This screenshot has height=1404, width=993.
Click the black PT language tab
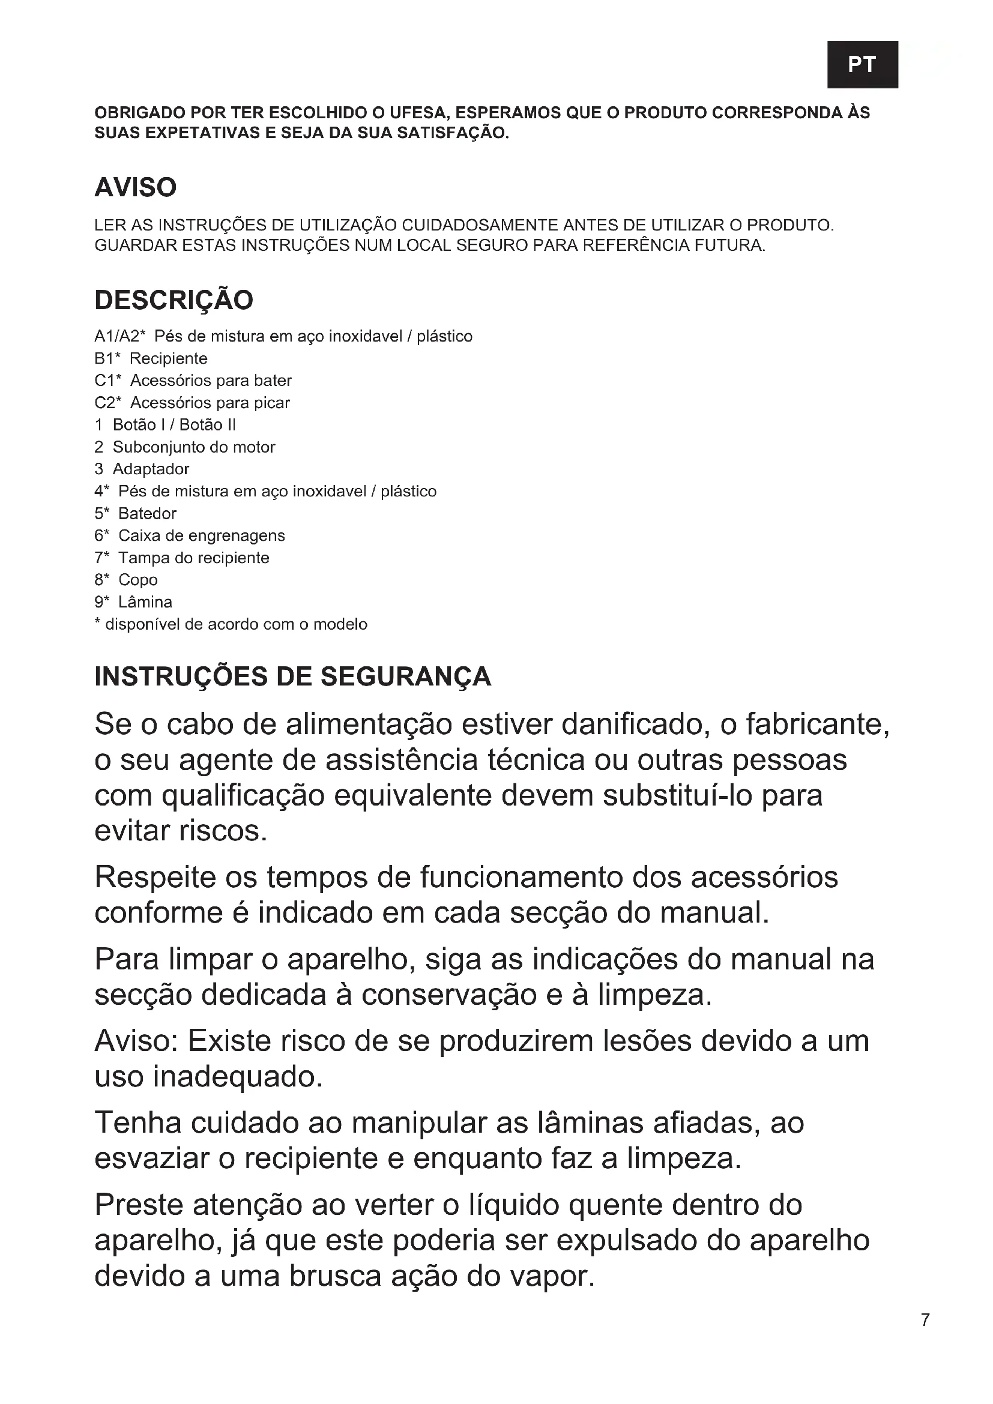pyautogui.click(x=862, y=64)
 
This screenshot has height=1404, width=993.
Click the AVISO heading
pyautogui.click(x=135, y=187)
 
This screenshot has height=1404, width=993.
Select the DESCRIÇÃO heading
pyautogui.click(x=174, y=300)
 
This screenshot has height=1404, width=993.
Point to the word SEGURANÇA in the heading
pyautogui.click(x=405, y=676)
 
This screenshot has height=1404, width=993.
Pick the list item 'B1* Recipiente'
pyautogui.click(x=151, y=358)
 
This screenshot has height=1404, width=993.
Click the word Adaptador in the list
pyautogui.click(x=151, y=469)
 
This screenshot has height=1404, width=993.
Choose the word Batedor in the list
pyautogui.click(x=147, y=514)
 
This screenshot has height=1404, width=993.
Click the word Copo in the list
pyautogui.click(x=137, y=580)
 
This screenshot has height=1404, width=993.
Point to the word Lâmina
pyautogui.click(x=145, y=602)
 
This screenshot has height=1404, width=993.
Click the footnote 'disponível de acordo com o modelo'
pyautogui.click(x=236, y=624)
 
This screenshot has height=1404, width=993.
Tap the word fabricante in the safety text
pyautogui.click(x=816, y=725)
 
